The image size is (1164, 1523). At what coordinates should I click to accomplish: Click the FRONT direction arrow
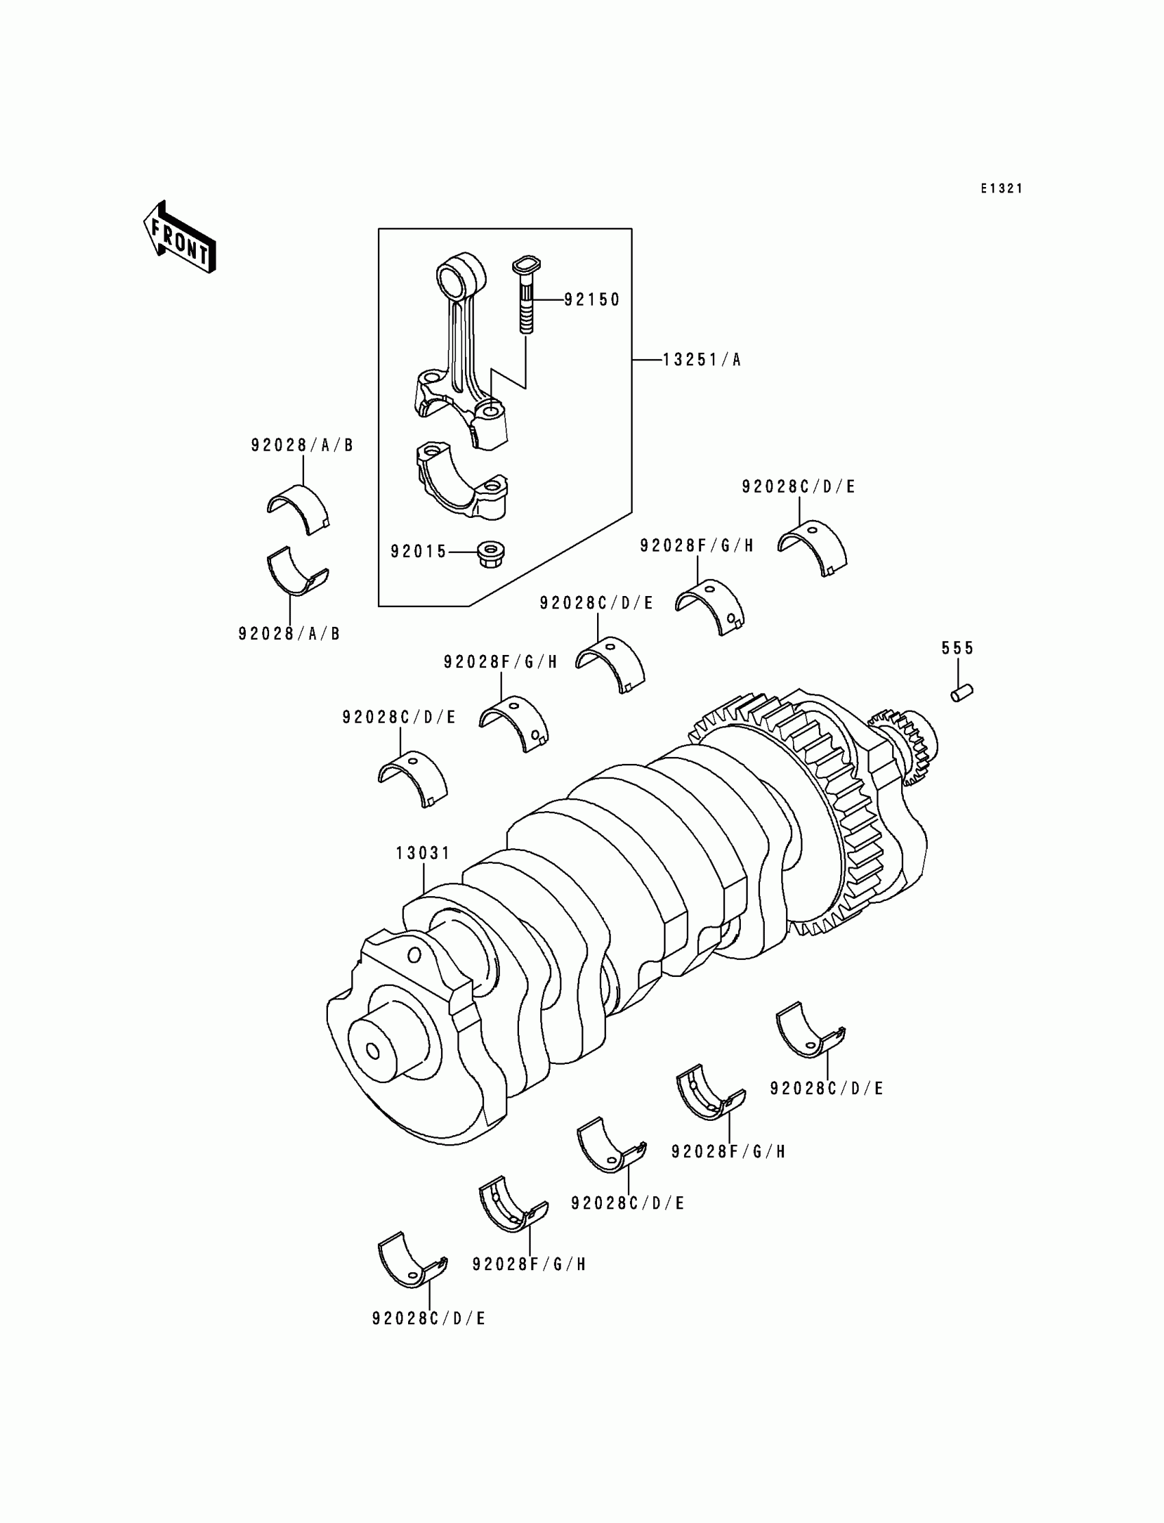[179, 238]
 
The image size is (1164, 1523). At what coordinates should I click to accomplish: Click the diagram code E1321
[1001, 188]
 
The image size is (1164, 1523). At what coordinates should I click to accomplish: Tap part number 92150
[592, 299]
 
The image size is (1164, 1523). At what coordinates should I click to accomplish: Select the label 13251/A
[701, 360]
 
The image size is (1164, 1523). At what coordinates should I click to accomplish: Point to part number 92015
[418, 552]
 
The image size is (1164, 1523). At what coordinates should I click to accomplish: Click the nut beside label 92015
[491, 554]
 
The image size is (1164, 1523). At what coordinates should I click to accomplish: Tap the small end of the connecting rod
[457, 276]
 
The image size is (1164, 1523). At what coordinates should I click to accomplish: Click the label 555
[957, 648]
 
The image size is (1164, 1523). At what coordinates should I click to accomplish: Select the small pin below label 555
[961, 693]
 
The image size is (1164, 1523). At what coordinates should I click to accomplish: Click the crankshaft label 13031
[422, 853]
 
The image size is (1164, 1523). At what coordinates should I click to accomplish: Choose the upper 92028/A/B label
[302, 445]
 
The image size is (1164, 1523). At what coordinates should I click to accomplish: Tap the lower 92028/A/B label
[290, 634]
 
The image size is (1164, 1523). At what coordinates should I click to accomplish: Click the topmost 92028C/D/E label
[798, 486]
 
